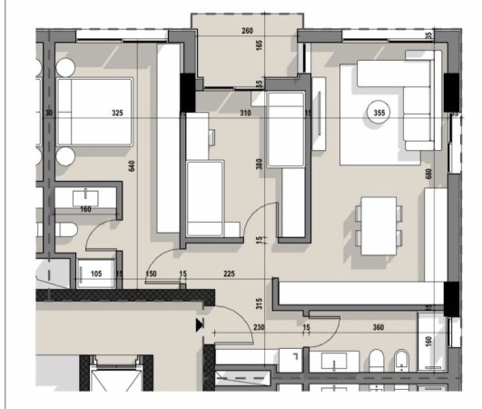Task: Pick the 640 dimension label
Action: click(133, 167)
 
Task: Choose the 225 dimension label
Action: click(229, 273)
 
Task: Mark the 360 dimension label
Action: click(378, 327)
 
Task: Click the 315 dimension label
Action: click(260, 303)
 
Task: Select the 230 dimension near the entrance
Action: click(259, 327)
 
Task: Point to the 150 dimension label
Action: click(151, 273)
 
